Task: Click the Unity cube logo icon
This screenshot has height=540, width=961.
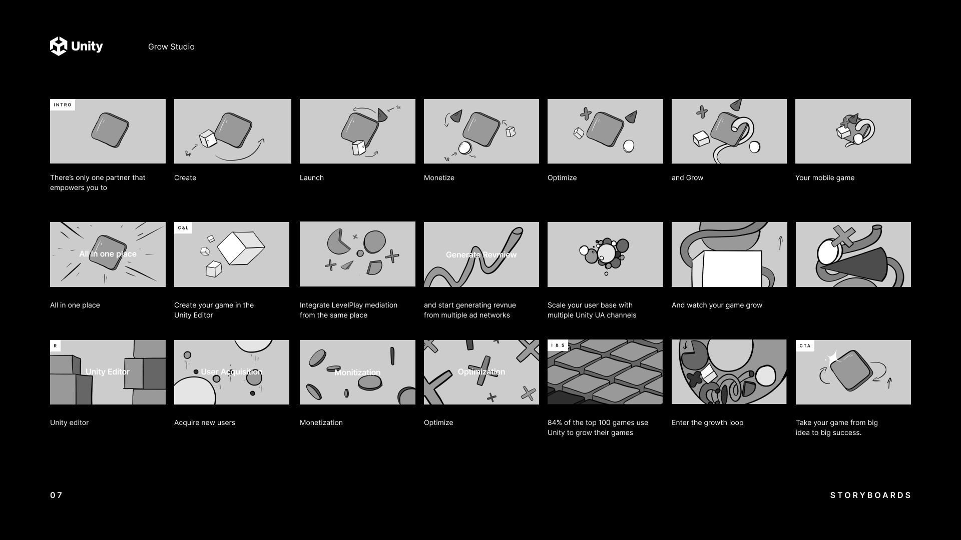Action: tap(59, 46)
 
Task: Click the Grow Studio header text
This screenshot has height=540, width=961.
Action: tap(171, 46)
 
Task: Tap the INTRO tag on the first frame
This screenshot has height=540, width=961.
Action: tap(63, 104)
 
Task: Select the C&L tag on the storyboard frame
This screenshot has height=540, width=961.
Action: tap(183, 228)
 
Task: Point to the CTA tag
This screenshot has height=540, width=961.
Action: tap(805, 346)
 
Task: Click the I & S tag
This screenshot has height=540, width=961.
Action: tap(558, 345)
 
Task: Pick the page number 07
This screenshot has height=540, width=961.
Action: tap(56, 495)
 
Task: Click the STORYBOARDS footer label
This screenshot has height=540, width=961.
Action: tap(870, 495)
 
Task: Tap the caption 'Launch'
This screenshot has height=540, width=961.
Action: tap(312, 177)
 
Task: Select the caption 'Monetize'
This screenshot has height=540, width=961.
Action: tap(439, 177)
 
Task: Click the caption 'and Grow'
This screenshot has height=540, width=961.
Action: tap(687, 177)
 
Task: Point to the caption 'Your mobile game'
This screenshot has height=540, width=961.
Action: tap(825, 177)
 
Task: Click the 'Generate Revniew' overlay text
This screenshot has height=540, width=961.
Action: tap(481, 254)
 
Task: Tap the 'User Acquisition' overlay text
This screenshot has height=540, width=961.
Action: tap(231, 371)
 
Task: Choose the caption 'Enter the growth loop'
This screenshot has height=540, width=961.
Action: tap(707, 422)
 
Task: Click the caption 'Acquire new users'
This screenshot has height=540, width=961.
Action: tap(205, 422)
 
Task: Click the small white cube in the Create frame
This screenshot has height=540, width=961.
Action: tap(208, 138)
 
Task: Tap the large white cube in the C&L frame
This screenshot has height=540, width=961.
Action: tap(241, 248)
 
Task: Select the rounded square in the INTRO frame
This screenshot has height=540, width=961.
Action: tap(110, 130)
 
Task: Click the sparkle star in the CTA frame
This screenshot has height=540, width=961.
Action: tap(832, 358)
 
